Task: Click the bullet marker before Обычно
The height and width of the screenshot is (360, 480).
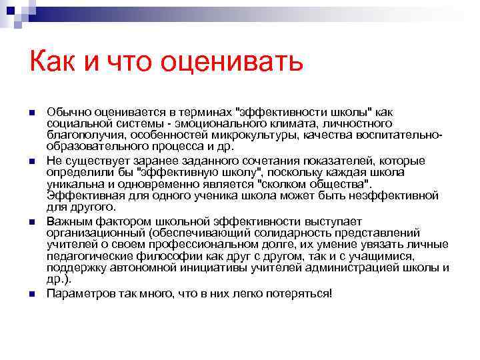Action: pos(31,112)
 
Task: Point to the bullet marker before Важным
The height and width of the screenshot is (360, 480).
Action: pos(31,221)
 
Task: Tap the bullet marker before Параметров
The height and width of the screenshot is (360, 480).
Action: pos(31,293)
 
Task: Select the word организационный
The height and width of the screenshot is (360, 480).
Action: pos(96,232)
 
